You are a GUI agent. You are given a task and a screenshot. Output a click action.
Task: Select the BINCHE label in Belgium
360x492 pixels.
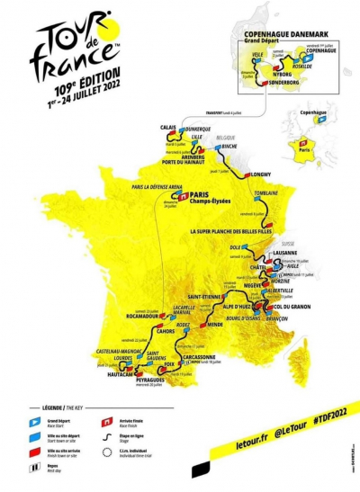coord(232,144)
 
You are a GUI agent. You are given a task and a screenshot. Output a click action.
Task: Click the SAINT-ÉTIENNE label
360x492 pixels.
coord(202,298)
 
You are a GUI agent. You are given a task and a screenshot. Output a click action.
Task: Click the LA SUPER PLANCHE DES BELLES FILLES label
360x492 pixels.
coord(228,230)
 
